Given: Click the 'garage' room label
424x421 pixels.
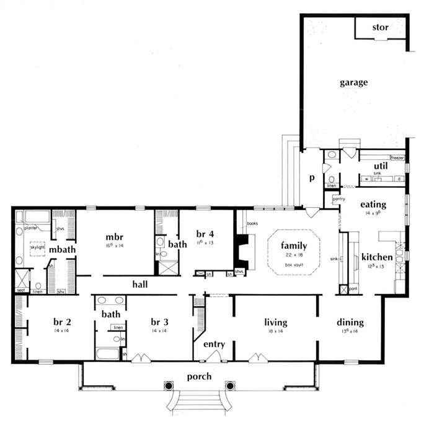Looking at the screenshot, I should tap(353, 82).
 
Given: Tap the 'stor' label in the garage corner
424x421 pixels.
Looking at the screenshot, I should tap(380, 27).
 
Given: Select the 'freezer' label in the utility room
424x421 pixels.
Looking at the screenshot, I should tap(397, 158).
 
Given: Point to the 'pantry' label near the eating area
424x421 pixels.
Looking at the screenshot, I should tap(338, 198).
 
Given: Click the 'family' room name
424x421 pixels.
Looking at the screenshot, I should tap(293, 245).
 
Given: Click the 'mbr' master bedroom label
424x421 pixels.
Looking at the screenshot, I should tap(113, 237).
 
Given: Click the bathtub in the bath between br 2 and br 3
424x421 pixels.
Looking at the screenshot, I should tap(109, 355).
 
